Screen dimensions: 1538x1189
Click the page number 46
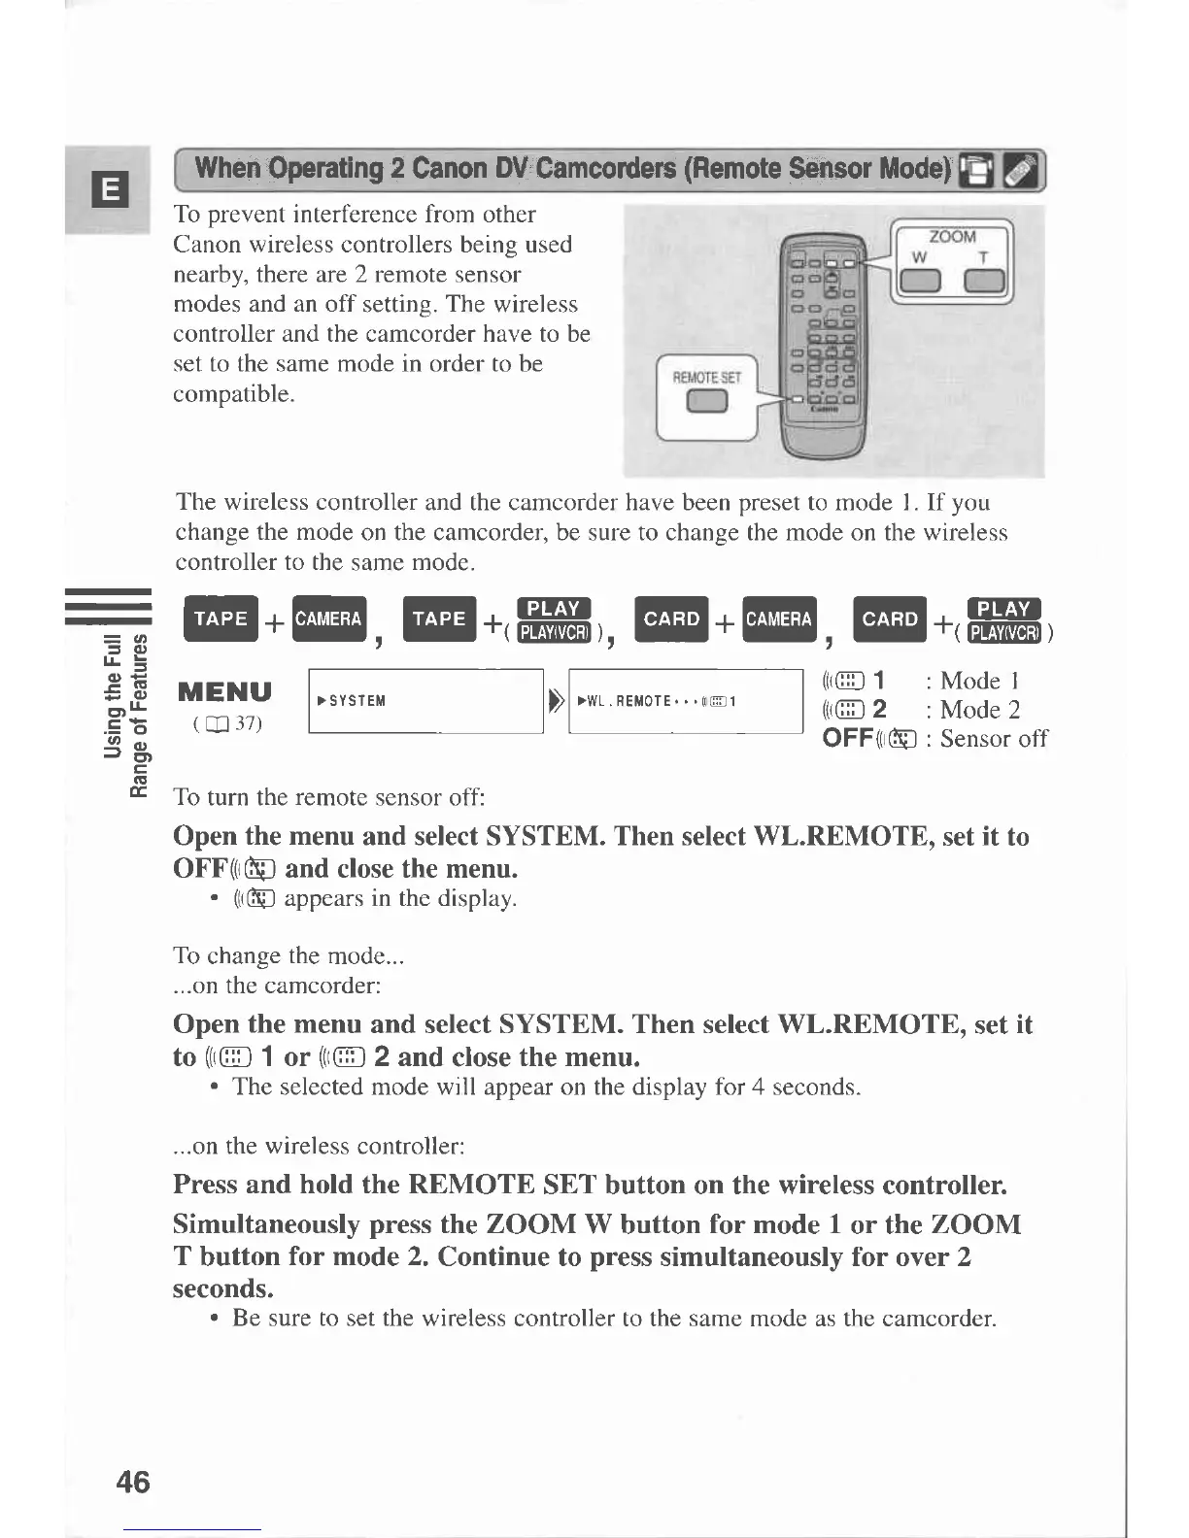[132, 1481]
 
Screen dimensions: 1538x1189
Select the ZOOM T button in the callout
[989, 282]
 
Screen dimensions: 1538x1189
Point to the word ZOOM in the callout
[952, 236]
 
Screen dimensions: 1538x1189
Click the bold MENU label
[224, 691]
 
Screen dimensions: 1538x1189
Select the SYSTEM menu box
[425, 701]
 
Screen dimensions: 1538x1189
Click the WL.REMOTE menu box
[685, 701]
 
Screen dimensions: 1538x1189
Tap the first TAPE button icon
[221, 619]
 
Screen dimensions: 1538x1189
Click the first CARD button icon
[671, 619]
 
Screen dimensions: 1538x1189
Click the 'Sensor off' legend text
[993, 739]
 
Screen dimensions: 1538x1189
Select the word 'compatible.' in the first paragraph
[233, 395]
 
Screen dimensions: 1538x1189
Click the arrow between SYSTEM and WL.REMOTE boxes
[556, 701]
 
